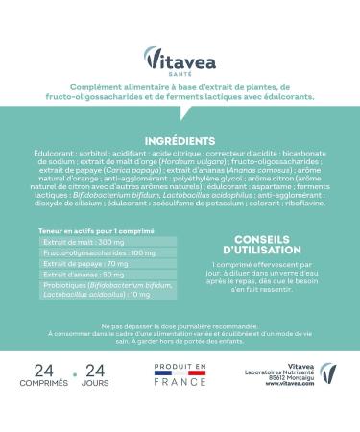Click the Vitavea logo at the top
coord(179,58)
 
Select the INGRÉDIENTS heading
coord(180,140)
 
